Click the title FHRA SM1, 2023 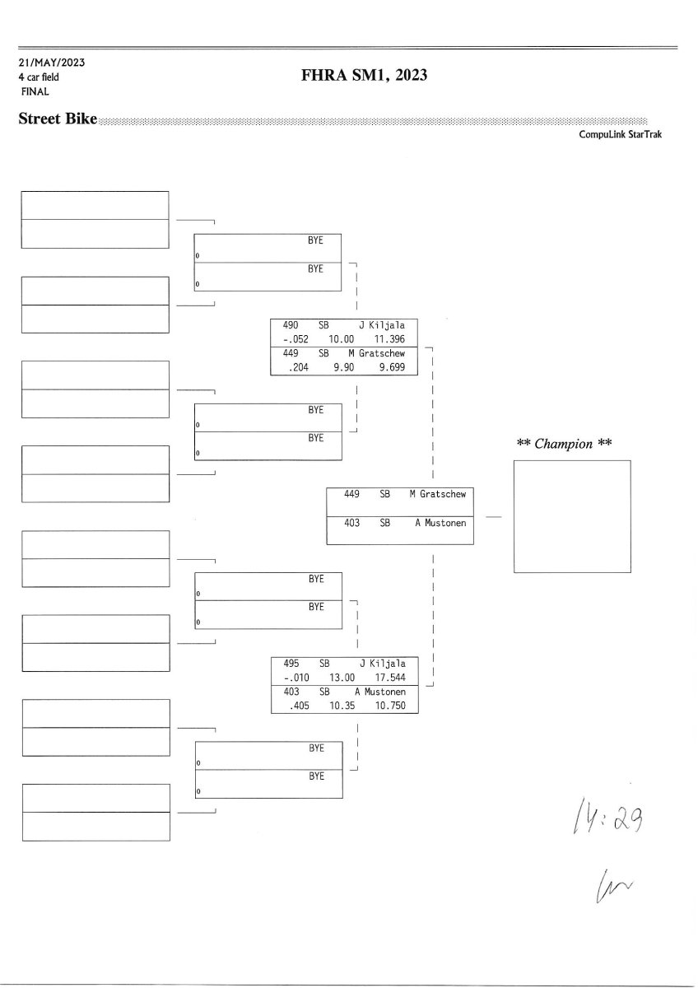[365, 77]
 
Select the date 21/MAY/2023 [52, 63]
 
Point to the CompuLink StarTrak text [620, 134]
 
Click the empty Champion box [572, 516]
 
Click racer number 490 [290, 325]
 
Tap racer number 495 [290, 663]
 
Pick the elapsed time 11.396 [389, 339]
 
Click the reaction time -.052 [293, 339]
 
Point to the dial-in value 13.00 [342, 677]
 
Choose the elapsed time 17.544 [390, 677]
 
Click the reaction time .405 [294, 706]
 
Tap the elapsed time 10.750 [390, 706]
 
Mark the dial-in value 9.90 [343, 367]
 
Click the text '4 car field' [39, 77]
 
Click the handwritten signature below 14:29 [603, 887]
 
